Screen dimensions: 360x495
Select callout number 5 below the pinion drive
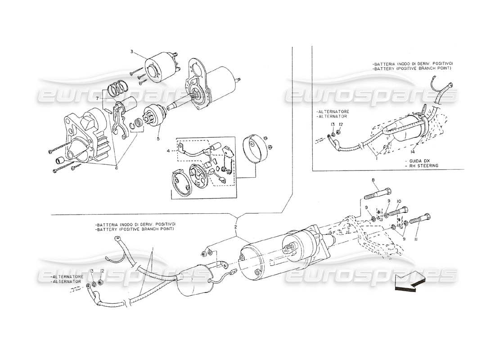pyautogui.click(x=158, y=139)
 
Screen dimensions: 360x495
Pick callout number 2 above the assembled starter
pyautogui.click(x=235, y=227)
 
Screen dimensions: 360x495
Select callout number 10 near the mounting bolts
pyautogui.click(x=386, y=201)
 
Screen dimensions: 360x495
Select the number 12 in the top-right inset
pyautogui.click(x=341, y=125)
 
